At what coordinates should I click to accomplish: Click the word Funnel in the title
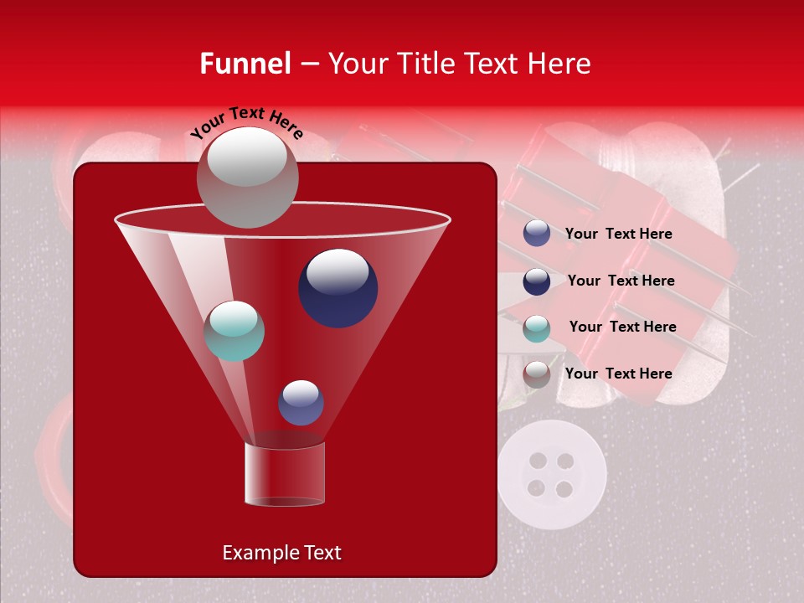tap(245, 64)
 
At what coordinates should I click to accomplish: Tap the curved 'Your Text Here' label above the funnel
tap(247, 122)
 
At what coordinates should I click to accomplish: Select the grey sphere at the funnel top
tap(247, 177)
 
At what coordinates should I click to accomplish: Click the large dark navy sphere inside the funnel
tap(338, 287)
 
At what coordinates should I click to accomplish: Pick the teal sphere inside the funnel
tap(234, 331)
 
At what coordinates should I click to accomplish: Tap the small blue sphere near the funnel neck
tap(301, 403)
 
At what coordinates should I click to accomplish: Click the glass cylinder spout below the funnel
tap(285, 474)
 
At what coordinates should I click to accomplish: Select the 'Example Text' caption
tap(282, 553)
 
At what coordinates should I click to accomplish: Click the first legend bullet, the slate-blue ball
tap(537, 234)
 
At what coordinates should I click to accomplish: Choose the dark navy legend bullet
tap(537, 281)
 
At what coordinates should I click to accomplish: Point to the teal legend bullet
tap(537, 328)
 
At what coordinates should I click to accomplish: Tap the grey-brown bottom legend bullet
tap(537, 374)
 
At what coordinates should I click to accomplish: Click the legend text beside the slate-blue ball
tap(618, 234)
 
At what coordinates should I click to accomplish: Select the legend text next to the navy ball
tap(621, 281)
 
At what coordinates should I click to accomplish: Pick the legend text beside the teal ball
tap(622, 327)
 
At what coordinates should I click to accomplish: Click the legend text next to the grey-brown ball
tap(618, 374)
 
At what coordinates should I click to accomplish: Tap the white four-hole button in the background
tap(551, 475)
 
